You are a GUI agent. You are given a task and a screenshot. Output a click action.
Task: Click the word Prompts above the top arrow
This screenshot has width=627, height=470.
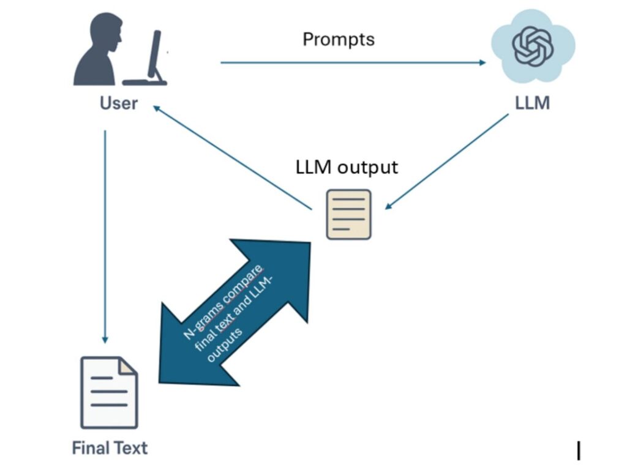tap(339, 40)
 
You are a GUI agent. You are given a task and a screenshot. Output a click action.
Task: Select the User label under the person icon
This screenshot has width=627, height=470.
tap(119, 103)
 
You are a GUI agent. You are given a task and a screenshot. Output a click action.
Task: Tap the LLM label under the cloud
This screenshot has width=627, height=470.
tap(532, 103)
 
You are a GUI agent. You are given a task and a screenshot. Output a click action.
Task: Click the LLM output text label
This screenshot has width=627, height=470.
tap(347, 166)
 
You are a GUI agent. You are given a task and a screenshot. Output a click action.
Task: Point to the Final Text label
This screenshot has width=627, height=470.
tap(110, 448)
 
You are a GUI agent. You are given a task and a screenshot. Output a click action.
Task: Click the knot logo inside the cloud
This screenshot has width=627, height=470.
tap(533, 48)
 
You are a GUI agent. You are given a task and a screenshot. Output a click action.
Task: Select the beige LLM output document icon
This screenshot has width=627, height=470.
tap(348, 214)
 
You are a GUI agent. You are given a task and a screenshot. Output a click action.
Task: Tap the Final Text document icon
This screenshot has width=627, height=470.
tap(109, 392)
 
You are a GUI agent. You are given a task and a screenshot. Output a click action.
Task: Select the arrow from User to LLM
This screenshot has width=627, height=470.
tap(353, 62)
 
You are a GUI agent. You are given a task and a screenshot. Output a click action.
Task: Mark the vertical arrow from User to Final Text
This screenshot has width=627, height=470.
tap(105, 236)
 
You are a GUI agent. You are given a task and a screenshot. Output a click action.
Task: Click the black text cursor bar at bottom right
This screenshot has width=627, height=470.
tap(579, 450)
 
